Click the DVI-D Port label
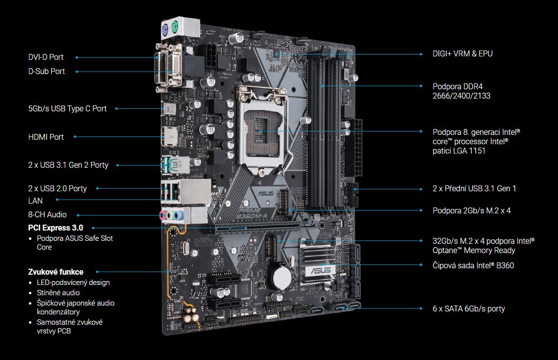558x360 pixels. coord(46,57)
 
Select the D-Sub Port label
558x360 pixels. coord(46,71)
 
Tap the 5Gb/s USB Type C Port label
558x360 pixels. coord(67,108)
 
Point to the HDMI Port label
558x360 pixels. coord(46,137)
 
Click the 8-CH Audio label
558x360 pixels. coord(48,214)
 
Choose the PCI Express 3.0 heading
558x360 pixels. coord(55,228)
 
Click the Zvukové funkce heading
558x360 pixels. coord(55,272)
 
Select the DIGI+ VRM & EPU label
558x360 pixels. coord(462,54)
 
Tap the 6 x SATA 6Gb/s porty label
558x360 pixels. coord(469,309)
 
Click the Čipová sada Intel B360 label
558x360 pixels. coord(473,265)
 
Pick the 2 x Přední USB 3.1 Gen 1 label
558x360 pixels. coord(474,188)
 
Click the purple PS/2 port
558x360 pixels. coord(165,30)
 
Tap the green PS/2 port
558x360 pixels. coord(175,26)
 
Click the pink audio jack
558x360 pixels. coord(163,214)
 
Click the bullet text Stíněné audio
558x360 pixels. coord(58,293)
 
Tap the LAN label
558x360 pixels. coord(35,201)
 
